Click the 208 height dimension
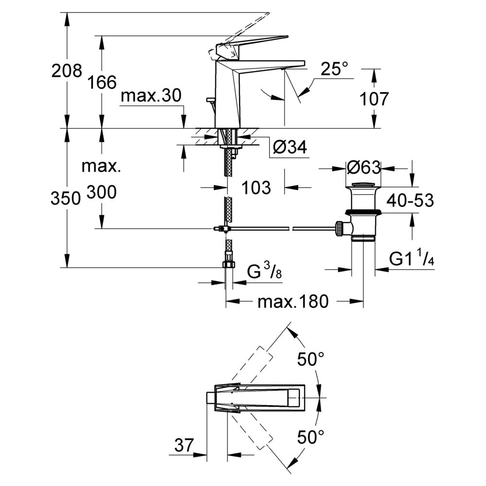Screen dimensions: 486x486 (x=67, y=70)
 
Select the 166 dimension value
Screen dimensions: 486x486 (x=102, y=83)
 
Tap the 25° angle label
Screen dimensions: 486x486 (x=334, y=69)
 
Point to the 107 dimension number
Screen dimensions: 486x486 (x=374, y=99)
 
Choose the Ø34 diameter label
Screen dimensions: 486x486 (x=290, y=147)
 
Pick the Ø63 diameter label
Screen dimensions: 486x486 (x=364, y=168)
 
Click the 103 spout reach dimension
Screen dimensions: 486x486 (x=256, y=188)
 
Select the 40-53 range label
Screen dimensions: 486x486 (x=410, y=200)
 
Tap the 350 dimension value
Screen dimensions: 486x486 (x=66, y=198)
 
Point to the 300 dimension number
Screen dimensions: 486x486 (x=102, y=192)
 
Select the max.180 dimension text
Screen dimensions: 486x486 (x=293, y=301)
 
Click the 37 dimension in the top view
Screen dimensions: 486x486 (x=184, y=445)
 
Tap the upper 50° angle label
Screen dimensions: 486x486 (x=311, y=360)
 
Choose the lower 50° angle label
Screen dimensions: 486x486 (x=311, y=437)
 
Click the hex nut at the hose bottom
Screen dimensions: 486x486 (x=229, y=264)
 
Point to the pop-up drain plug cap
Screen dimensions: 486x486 (x=363, y=185)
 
